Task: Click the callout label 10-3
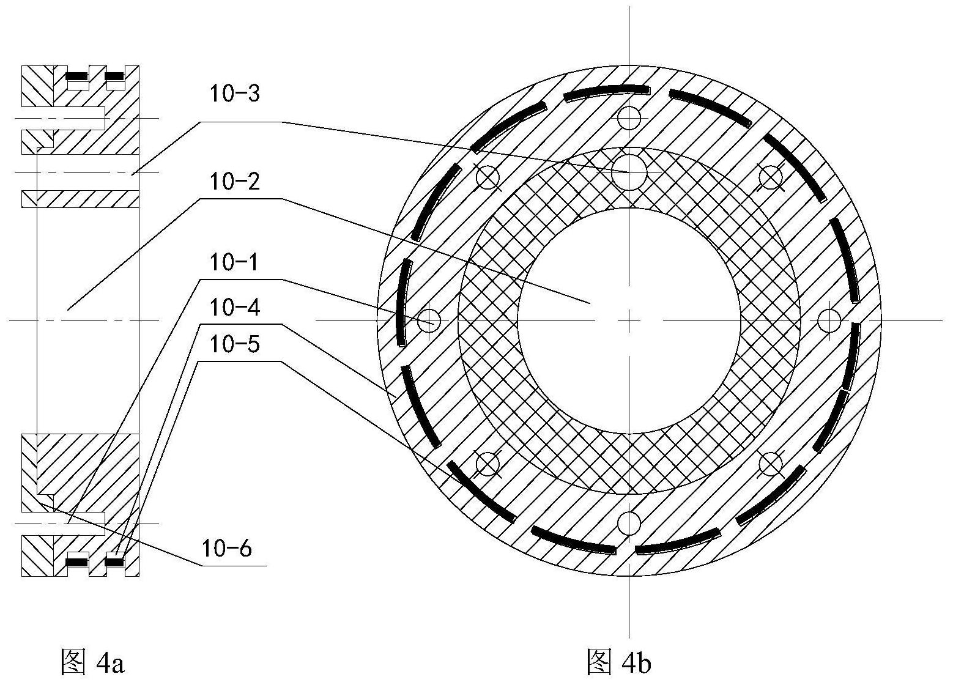tap(235, 94)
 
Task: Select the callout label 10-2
tap(235, 182)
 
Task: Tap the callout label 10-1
tap(235, 263)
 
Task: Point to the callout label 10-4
tap(235, 308)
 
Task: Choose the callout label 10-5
tap(235, 345)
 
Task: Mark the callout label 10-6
tap(227, 549)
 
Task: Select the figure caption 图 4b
tap(618, 662)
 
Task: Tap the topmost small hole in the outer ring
tap(629, 117)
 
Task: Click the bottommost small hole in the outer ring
tap(629, 523)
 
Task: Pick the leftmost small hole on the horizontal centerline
tap(429, 320)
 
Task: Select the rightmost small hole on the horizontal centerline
tap(829, 320)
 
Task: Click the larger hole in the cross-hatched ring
tap(629, 172)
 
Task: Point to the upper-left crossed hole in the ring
tap(488, 177)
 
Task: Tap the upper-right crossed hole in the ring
tap(771, 177)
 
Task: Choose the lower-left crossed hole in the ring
tap(488, 463)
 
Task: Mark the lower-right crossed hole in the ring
tap(771, 463)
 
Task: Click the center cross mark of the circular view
tap(629, 320)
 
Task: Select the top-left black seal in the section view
tap(77, 76)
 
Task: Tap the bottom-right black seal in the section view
tap(115, 559)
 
